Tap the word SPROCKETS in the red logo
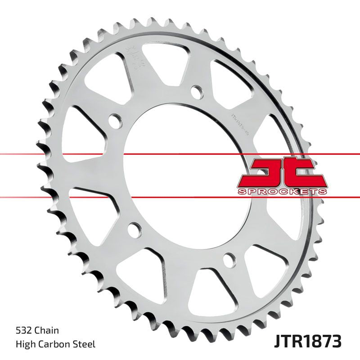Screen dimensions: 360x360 tap(282, 192)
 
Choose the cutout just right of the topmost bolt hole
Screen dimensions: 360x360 tap(234, 83)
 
